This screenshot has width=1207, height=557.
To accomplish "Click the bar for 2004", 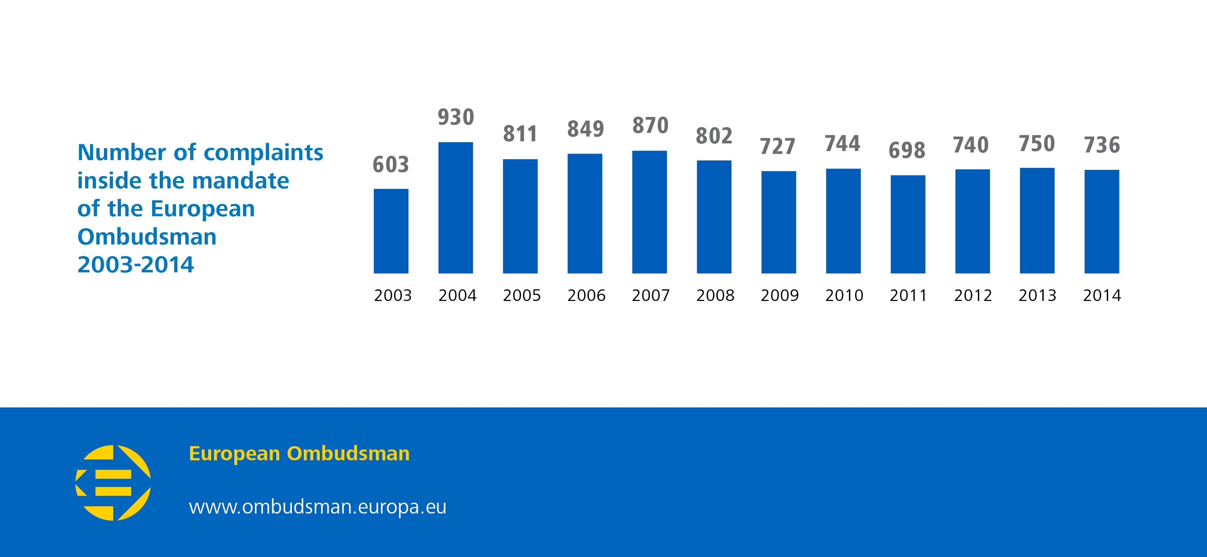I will click(456, 208).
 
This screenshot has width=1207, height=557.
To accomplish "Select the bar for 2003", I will click(391, 231).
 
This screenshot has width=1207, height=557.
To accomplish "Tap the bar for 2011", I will click(908, 224).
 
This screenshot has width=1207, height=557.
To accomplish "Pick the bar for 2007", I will click(649, 212).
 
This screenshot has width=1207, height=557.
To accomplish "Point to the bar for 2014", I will click(1102, 221).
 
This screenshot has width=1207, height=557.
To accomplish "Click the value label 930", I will click(456, 117).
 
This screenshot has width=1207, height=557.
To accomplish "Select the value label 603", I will click(391, 164).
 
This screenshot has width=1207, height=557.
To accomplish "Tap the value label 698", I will click(907, 150).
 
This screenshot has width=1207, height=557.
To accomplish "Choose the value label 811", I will click(520, 134).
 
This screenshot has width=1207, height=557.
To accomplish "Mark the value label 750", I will click(1037, 144).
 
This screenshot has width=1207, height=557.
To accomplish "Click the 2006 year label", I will click(586, 296).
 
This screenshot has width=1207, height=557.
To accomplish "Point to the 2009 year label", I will click(780, 296).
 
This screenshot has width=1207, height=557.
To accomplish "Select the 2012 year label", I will click(973, 296).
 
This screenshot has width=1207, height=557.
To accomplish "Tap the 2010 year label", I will click(844, 296).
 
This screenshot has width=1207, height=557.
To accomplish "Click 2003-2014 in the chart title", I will click(135, 265).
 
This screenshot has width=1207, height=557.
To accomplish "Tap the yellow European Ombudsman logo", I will click(113, 482).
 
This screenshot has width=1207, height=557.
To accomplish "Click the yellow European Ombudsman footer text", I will click(299, 453).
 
